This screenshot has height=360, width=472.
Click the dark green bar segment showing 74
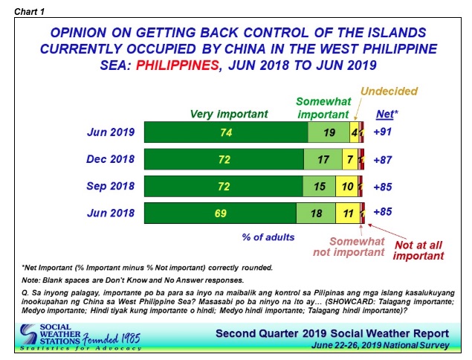[225, 133]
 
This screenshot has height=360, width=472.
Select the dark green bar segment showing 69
[219, 213]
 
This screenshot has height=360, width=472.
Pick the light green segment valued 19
[329, 133]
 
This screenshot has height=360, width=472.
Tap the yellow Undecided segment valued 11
[347, 213]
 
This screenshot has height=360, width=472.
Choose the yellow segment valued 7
[349, 160]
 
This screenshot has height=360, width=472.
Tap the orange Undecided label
[389, 91]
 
